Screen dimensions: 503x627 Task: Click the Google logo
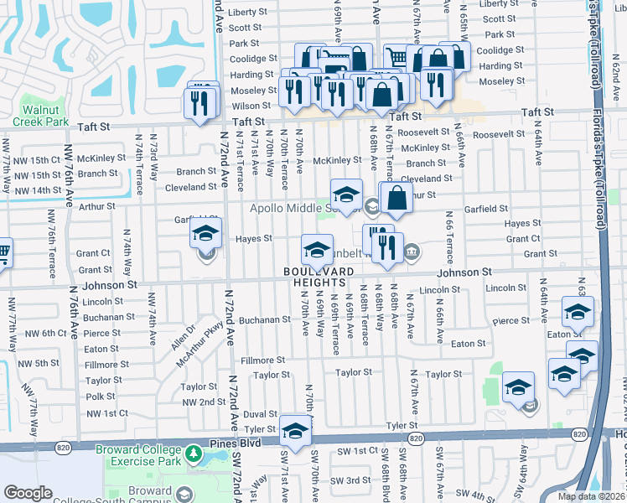click(x=28, y=493)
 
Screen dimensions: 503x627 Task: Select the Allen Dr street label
click(x=183, y=337)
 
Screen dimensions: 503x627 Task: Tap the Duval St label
click(x=260, y=414)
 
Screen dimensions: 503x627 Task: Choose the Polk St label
click(x=101, y=397)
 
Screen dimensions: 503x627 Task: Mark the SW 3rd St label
click(x=350, y=480)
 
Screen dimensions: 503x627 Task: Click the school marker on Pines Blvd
click(x=295, y=431)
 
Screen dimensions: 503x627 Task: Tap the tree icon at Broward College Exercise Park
click(x=194, y=455)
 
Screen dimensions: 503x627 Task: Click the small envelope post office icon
click(x=531, y=407)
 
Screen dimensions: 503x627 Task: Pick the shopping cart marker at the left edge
click(x=3, y=251)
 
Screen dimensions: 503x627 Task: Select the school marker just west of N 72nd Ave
click(x=205, y=238)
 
